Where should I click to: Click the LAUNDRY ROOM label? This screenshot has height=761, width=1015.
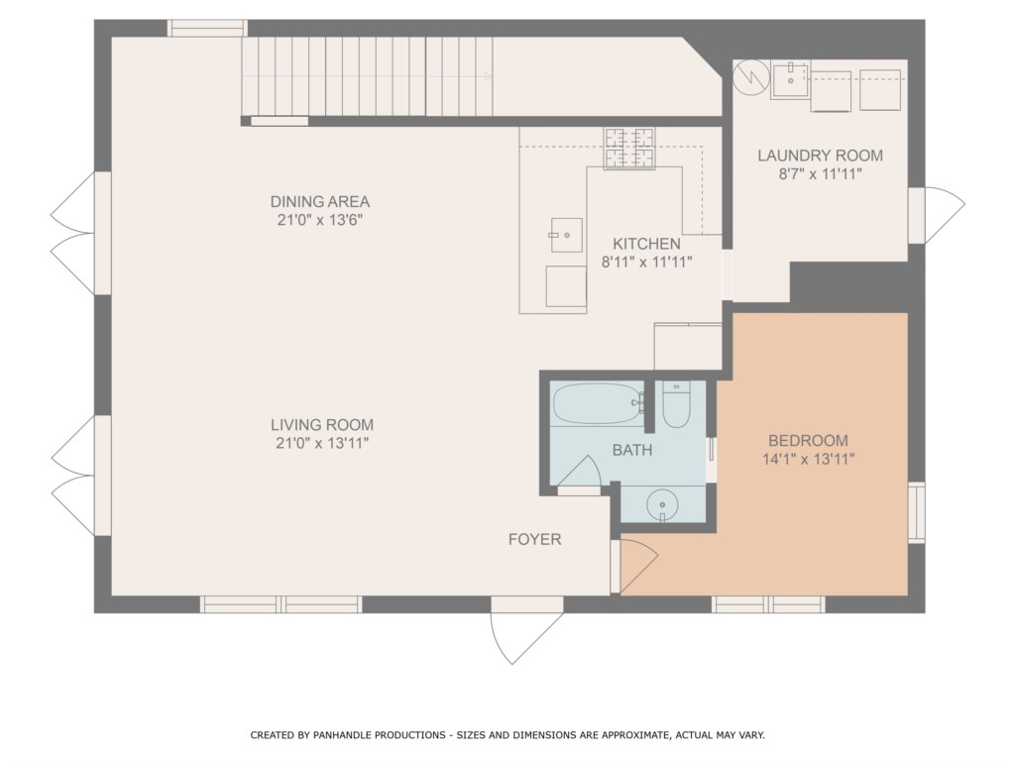pyautogui.click(x=820, y=156)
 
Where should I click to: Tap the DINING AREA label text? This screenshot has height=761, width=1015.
pyautogui.click(x=320, y=201)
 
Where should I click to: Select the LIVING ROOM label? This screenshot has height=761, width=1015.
pyautogui.click(x=322, y=425)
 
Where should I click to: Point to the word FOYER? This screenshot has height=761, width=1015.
pyautogui.click(x=534, y=539)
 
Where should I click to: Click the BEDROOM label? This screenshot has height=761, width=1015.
pyautogui.click(x=808, y=441)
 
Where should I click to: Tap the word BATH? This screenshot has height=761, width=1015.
pyautogui.click(x=632, y=450)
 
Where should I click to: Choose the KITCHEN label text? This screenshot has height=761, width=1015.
pyautogui.click(x=646, y=244)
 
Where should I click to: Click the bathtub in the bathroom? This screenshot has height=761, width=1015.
pyautogui.click(x=598, y=404)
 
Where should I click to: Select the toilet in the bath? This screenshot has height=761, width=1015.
pyautogui.click(x=676, y=404)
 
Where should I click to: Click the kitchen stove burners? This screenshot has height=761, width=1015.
pyautogui.click(x=629, y=149)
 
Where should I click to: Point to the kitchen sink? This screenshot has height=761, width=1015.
pyautogui.click(x=566, y=235)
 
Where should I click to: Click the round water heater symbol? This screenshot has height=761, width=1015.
pyautogui.click(x=750, y=77)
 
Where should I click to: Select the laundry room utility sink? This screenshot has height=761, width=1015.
pyautogui.click(x=790, y=80)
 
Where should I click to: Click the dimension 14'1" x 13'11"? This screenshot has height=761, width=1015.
pyautogui.click(x=809, y=460)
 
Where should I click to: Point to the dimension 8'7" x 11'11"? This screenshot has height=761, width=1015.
pyautogui.click(x=820, y=174)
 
